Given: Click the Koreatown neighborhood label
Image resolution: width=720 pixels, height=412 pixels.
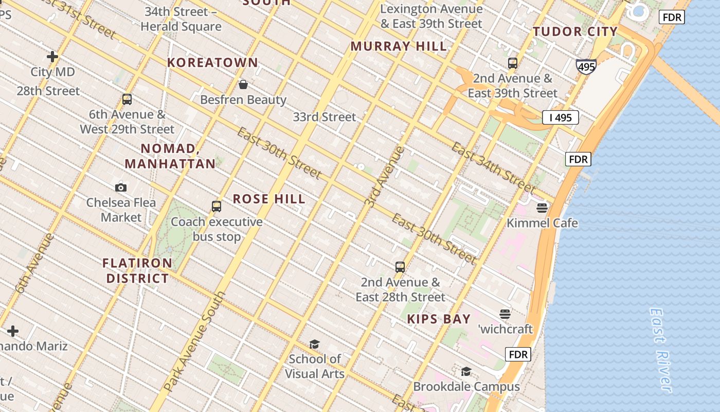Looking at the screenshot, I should pyautogui.click(x=212, y=63).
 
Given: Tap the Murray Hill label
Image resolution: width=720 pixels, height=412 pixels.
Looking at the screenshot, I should pyautogui.click(x=399, y=46).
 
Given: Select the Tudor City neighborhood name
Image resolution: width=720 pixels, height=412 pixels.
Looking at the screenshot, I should pyautogui.click(x=575, y=32).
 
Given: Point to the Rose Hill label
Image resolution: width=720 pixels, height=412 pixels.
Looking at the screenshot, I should pyautogui.click(x=269, y=199).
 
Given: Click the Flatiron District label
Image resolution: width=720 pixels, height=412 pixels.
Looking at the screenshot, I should pyautogui.click(x=137, y=271).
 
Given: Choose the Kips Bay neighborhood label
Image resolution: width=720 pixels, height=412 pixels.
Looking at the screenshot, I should pyautogui.click(x=439, y=319).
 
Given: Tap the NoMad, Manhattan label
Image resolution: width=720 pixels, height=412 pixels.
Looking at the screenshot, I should pyautogui.click(x=170, y=157).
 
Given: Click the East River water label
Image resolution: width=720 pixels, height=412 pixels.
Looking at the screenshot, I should pyautogui.click(x=661, y=350).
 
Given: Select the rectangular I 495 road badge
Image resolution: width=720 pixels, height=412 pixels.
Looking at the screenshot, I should pyautogui.click(x=560, y=117).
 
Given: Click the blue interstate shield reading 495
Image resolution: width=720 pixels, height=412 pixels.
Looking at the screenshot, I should pyautogui.click(x=586, y=66).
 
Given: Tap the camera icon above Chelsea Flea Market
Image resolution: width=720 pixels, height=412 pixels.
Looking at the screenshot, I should pyautogui.click(x=121, y=187).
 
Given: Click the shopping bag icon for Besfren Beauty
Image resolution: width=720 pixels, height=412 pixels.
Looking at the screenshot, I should pyautogui.click(x=243, y=84).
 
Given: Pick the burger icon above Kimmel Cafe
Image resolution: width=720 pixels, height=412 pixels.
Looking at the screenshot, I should pyautogui.click(x=542, y=208).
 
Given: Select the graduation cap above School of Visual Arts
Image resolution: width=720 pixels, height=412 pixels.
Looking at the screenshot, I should pyautogui.click(x=314, y=344).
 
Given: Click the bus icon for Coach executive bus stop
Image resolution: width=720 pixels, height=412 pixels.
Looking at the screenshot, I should pyautogui.click(x=217, y=207).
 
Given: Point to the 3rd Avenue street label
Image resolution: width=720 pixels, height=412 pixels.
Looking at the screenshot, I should pyautogui.click(x=384, y=178).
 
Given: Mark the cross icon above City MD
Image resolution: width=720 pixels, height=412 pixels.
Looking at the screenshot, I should pyautogui.click(x=52, y=57).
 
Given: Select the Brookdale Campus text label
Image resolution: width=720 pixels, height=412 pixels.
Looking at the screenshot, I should pyautogui.click(x=466, y=387).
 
